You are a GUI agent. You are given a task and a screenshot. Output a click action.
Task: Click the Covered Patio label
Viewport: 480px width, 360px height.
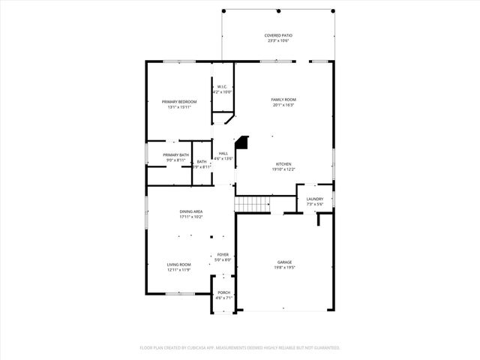pos(277,35)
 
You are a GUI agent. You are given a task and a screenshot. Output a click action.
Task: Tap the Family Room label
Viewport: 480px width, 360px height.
pos(283,100)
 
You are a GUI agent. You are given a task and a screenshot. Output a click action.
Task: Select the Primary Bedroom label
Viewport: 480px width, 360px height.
pos(180,101)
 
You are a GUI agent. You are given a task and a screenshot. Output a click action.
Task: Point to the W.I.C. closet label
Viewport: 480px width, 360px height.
pos(223,87)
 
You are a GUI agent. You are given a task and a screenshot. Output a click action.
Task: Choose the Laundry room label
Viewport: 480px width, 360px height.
pos(315,199)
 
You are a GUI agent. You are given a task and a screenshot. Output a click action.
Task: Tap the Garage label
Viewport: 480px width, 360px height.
pos(283,261)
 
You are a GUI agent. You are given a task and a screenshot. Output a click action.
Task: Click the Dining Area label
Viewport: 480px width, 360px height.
pos(190,211)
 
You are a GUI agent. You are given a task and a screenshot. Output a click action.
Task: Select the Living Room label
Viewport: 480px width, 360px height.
pos(178,264)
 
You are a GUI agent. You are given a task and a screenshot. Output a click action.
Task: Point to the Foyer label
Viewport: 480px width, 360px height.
pos(223,254)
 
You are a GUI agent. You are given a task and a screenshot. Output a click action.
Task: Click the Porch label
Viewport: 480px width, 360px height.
pos(223,292)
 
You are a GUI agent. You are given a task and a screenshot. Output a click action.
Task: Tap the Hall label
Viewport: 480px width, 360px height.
pos(223,153)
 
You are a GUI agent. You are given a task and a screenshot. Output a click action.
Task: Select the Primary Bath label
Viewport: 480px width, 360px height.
pos(176,154)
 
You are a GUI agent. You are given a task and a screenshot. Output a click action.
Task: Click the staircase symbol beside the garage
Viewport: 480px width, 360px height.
pos(253,204)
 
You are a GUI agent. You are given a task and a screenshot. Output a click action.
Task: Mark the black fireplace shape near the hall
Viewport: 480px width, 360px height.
pos(242,142)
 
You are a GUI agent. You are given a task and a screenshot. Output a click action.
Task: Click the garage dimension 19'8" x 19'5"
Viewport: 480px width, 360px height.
pos(283,267)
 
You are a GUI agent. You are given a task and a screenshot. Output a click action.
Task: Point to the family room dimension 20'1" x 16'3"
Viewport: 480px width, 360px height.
pos(283,106)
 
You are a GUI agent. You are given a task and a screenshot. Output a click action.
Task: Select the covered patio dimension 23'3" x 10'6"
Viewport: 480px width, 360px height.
pos(277,41)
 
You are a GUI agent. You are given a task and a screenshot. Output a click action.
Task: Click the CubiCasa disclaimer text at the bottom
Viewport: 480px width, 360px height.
pos(240,347)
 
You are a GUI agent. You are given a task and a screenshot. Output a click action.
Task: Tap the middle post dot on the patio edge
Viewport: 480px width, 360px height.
pos(278,11)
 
